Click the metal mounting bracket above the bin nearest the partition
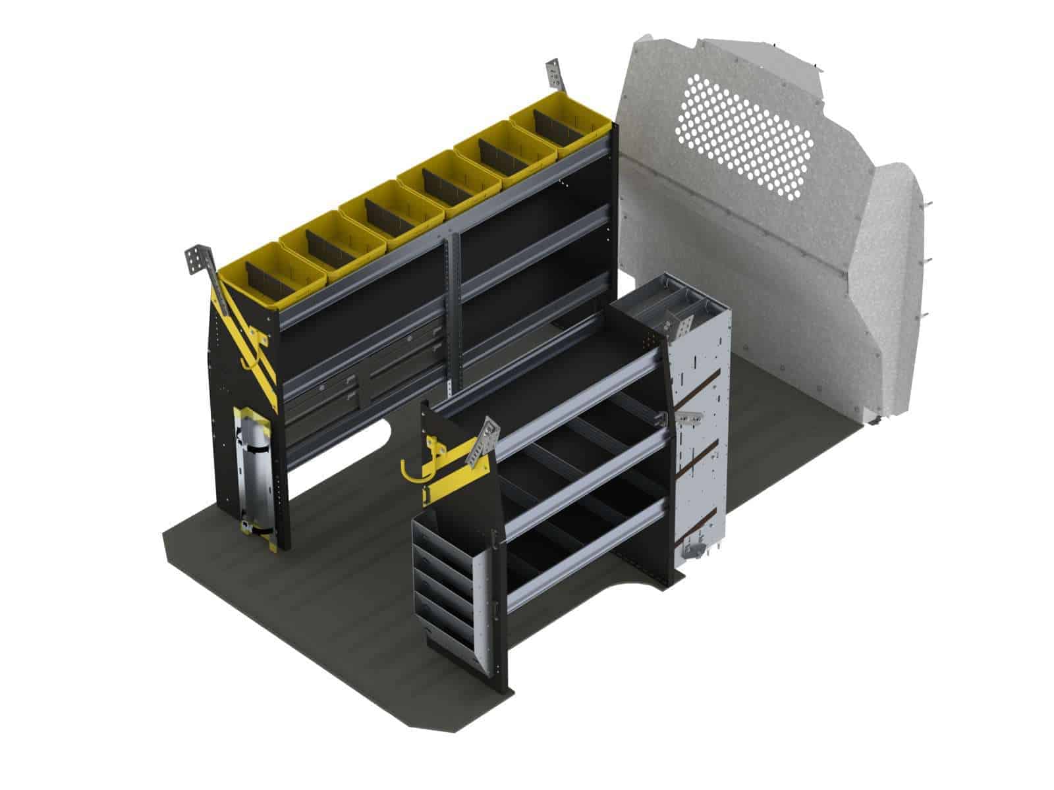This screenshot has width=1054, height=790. [x=554, y=76]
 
